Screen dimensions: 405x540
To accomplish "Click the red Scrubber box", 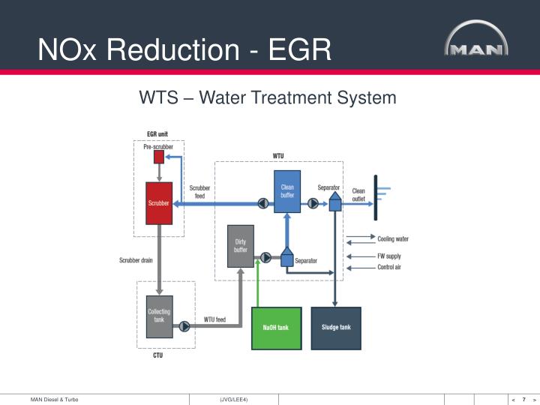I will [159, 202].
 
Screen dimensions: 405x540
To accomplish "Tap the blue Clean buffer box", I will [287, 191].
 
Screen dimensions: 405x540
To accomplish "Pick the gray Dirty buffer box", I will [241, 245].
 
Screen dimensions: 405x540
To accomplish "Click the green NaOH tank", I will [276, 328].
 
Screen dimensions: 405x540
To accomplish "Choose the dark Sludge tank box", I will [335, 328].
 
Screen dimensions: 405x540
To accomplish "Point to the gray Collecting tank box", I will [159, 316].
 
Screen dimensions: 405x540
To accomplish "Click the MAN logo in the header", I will [476, 44].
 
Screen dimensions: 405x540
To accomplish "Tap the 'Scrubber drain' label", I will [136, 261].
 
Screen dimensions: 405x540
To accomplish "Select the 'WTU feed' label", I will [214, 319].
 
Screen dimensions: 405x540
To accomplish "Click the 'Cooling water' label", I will [393, 239].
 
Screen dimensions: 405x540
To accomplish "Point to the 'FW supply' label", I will [389, 256].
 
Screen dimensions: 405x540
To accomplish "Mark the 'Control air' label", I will [389, 267].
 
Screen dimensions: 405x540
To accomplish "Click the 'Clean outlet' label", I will [358, 195].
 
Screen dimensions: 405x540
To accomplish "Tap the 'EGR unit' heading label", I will [157, 134].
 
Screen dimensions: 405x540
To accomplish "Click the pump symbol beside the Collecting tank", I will [181, 326].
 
